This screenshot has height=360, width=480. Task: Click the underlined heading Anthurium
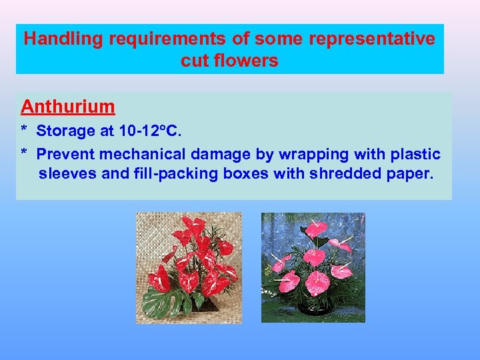pyautogui.click(x=68, y=107)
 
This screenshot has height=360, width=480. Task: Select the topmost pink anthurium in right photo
pyautogui.click(x=316, y=229)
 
